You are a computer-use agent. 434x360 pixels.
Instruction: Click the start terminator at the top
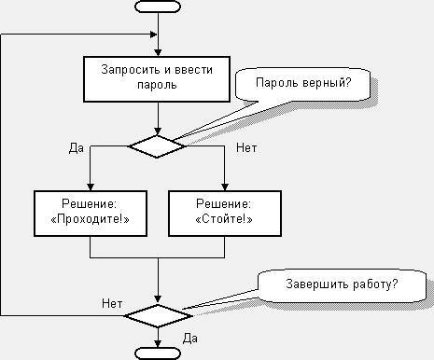pyautogui.click(x=158, y=7)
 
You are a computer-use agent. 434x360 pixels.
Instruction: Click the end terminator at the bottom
pyautogui.click(x=158, y=353)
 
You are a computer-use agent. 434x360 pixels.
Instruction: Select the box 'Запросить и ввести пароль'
pyautogui.click(x=158, y=76)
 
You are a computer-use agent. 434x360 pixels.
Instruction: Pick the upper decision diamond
pyautogui.click(x=157, y=145)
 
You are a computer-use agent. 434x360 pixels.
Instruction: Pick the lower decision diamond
pyautogui.click(x=158, y=314)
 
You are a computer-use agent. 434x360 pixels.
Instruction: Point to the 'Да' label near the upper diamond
pyautogui.click(x=77, y=147)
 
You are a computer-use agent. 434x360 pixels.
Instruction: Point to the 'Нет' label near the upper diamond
pyautogui.click(x=246, y=147)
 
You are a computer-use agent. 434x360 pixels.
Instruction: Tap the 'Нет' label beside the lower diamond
pyautogui.click(x=111, y=303)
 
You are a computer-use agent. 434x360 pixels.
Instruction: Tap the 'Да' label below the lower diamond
pyautogui.click(x=189, y=336)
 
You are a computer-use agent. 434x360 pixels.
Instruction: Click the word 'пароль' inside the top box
pyautogui.click(x=158, y=84)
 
